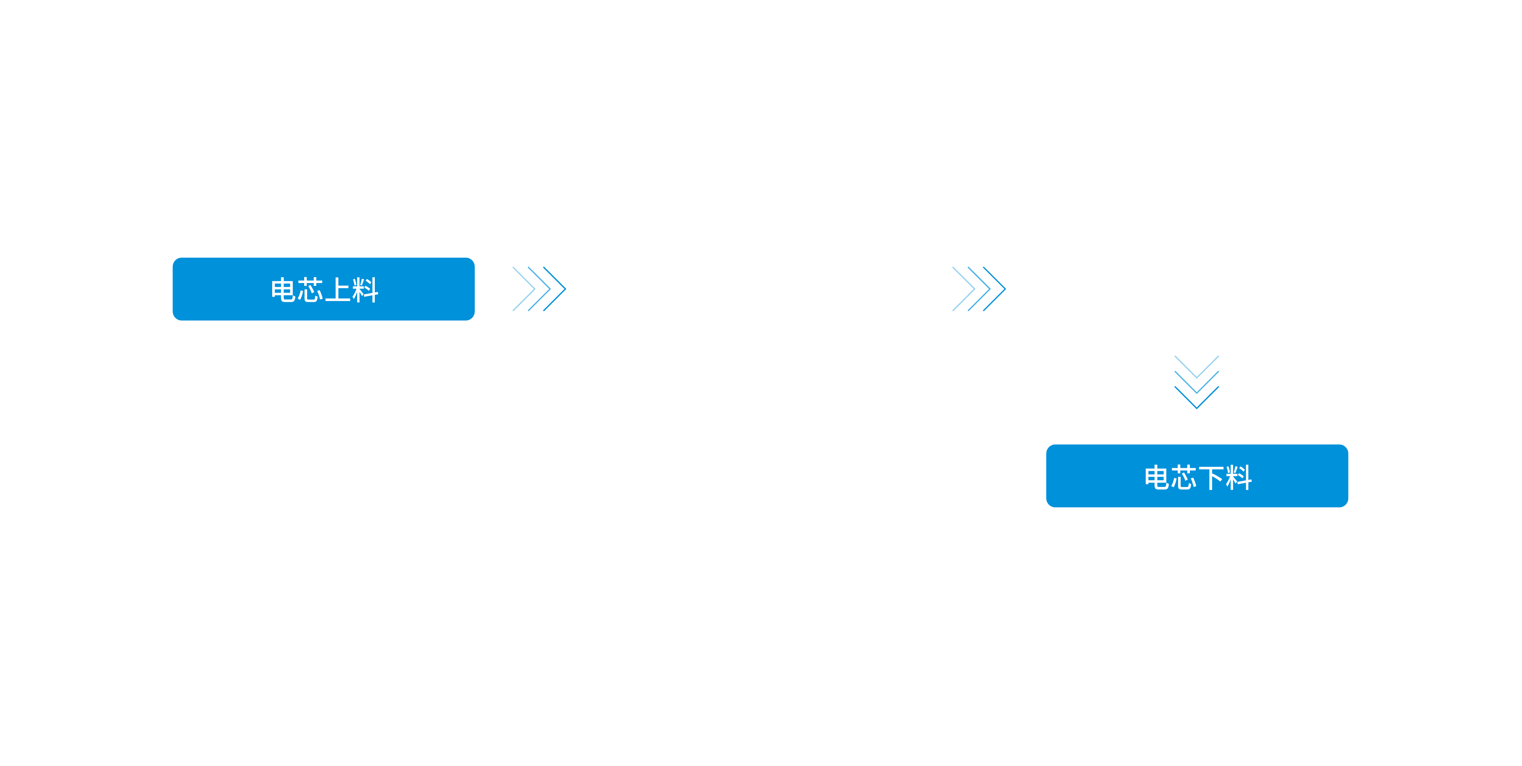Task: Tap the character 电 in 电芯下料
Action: [1156, 477]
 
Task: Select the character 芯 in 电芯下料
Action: [1184, 477]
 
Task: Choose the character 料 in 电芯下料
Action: [1238, 477]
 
